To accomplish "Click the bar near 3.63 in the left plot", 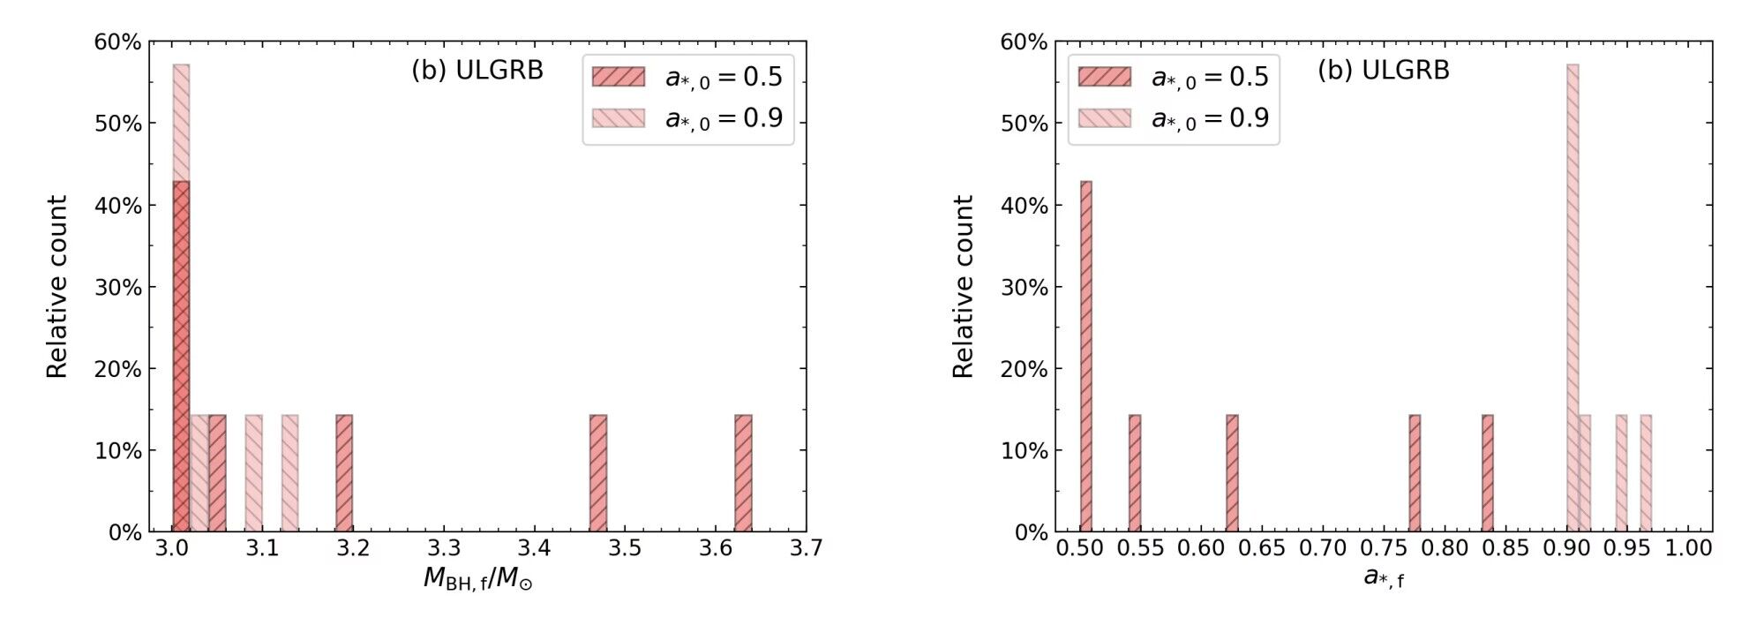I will tap(743, 473).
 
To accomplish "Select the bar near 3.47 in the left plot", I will tap(598, 473).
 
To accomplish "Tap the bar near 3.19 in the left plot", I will tap(344, 473).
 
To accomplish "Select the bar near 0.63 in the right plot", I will tap(1232, 473).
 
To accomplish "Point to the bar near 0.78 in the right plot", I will tap(1415, 473).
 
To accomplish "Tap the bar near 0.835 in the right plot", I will tap(1488, 473).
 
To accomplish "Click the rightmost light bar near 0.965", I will tap(1646, 473).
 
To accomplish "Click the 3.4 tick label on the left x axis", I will tap(534, 548).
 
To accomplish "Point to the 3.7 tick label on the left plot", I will tap(805, 548).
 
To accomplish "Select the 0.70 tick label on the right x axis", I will tap(1323, 548).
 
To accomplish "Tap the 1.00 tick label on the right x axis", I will tap(1688, 548).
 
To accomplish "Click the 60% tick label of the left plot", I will tap(118, 42).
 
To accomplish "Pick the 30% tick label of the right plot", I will tap(1024, 288).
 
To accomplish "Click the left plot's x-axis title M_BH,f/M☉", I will tap(477, 579).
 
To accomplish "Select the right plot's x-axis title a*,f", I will tap(1384, 578).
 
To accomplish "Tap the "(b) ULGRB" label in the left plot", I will tap(477, 71).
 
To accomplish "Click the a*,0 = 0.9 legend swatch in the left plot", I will tap(618, 118).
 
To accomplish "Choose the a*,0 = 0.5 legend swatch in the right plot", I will tap(1104, 77).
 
